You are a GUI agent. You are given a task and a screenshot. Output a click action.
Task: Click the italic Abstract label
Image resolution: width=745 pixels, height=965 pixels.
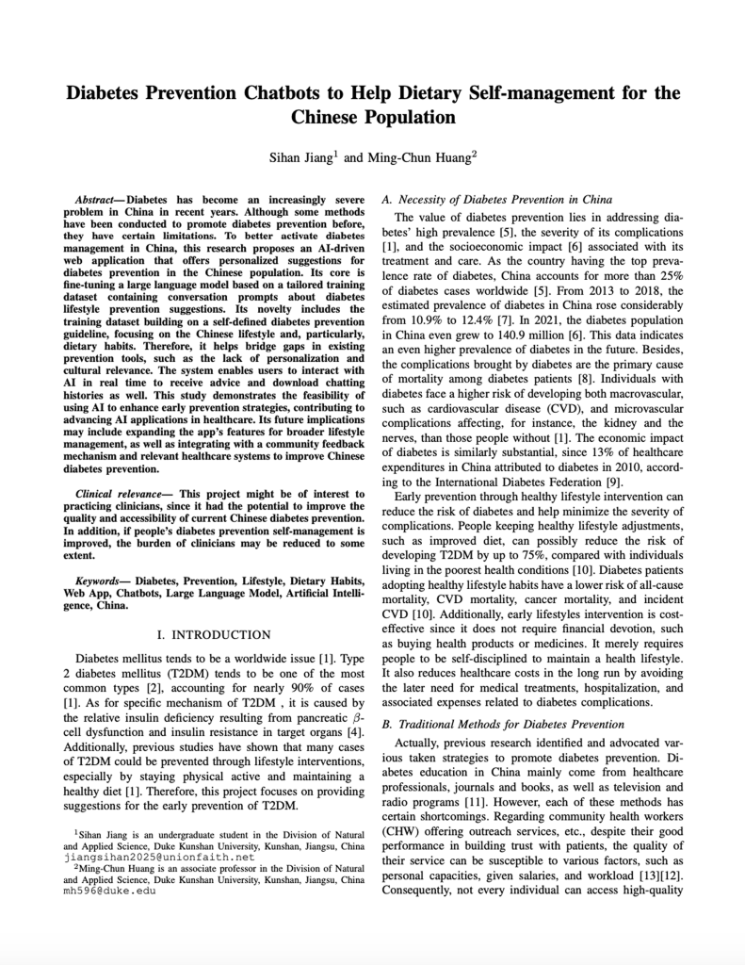pos(98,201)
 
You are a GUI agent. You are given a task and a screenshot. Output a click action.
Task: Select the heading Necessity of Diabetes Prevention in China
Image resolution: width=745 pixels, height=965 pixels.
pos(505,199)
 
